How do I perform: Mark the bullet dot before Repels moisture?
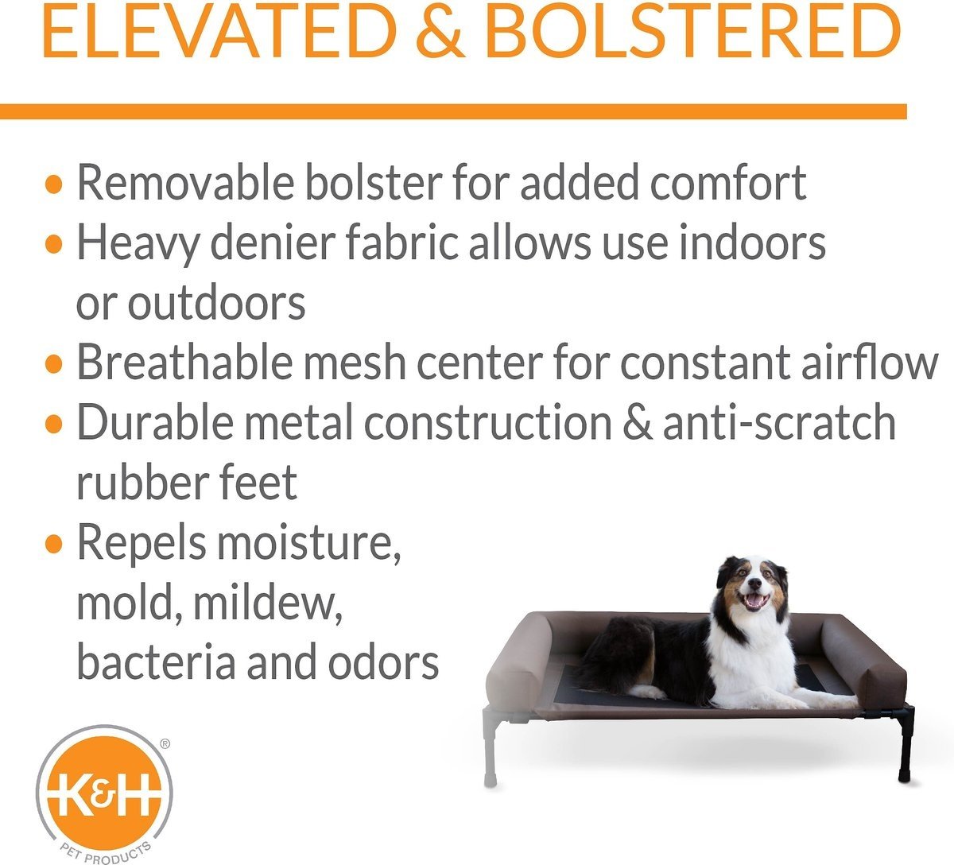tap(54, 544)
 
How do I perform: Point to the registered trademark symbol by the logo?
tap(165, 743)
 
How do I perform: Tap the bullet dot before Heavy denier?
tap(54, 243)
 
